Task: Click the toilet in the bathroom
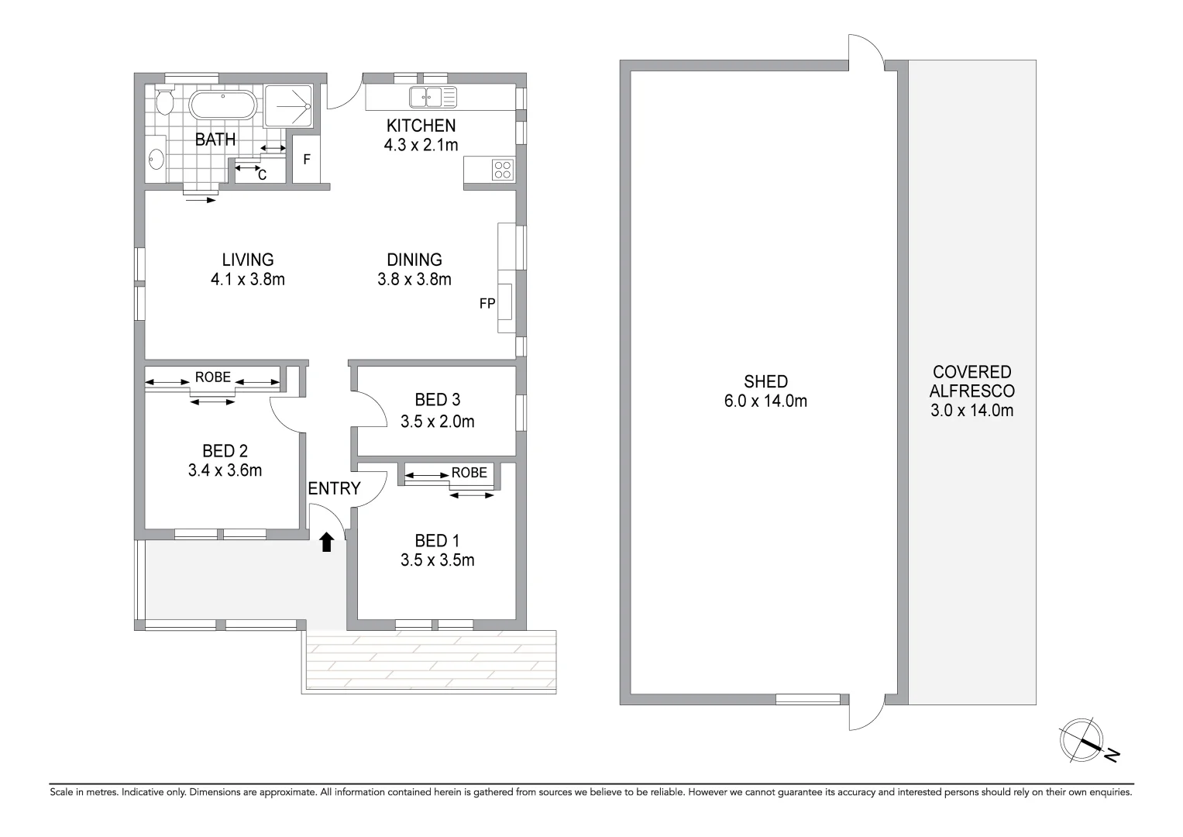[x=163, y=100]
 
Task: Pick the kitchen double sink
[x=434, y=98]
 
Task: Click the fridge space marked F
[x=307, y=160]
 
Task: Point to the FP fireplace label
[x=487, y=304]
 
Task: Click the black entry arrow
[x=327, y=542]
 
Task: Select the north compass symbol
[x=1083, y=739]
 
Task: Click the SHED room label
[x=765, y=381]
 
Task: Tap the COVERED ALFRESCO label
[x=972, y=382]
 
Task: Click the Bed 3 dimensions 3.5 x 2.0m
[x=437, y=422]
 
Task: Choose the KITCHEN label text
[x=421, y=126]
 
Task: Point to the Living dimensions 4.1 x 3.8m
[x=248, y=280]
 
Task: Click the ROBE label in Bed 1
[x=469, y=473]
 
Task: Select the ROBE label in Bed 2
[x=213, y=377]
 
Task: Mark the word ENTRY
[x=334, y=488]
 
